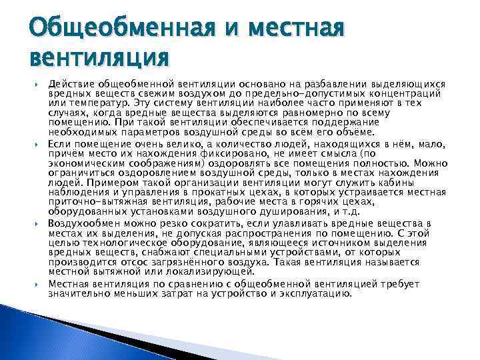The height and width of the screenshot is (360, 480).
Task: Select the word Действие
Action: coord(71,85)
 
